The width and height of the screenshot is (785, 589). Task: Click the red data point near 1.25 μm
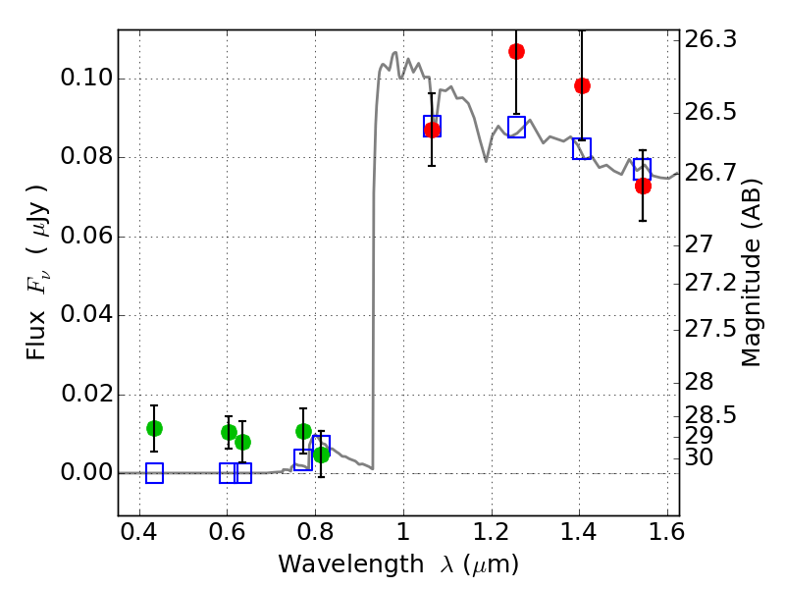click(x=516, y=51)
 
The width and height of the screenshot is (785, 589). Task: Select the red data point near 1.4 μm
click(x=582, y=85)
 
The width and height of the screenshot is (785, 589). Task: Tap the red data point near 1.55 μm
click(x=643, y=186)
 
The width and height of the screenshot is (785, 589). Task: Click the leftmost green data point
click(x=154, y=428)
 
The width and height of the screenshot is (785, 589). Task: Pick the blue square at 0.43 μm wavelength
click(x=154, y=473)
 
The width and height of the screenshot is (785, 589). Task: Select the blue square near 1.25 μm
click(x=516, y=127)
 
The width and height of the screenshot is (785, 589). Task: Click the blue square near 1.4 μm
click(x=582, y=149)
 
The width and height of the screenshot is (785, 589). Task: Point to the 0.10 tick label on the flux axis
click(x=86, y=78)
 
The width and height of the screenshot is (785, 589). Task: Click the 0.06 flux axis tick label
click(x=86, y=236)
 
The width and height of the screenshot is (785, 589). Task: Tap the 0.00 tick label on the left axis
click(x=86, y=472)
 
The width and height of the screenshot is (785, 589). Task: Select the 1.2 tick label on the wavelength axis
click(x=492, y=532)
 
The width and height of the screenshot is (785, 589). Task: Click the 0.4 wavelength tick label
click(x=139, y=532)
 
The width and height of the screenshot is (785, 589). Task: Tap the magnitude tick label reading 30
click(x=699, y=457)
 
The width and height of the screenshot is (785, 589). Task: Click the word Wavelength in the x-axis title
click(x=351, y=564)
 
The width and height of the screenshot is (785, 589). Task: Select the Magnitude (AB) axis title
click(x=751, y=273)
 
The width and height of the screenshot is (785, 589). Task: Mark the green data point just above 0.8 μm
click(x=321, y=455)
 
